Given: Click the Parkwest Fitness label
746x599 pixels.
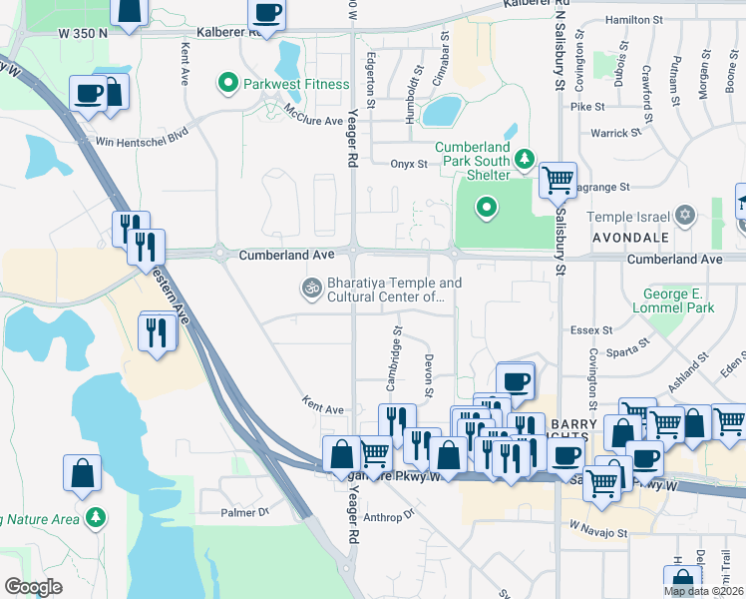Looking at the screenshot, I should tap(296, 85).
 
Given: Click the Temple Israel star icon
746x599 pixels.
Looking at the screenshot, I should tap(684, 216).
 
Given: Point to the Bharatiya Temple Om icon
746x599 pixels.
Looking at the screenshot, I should tap(310, 290).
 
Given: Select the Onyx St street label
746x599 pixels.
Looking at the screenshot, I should tap(408, 165).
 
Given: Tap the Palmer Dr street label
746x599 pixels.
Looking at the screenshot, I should tap(245, 513).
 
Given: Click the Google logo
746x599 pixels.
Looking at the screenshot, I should tap(34, 587).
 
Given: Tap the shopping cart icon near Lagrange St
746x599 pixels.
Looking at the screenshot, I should tap(558, 180).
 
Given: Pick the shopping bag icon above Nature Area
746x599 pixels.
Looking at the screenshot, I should tap(82, 472).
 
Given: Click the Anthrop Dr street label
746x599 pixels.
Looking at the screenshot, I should tap(388, 516).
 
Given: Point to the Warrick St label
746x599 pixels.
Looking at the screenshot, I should tap(615, 133).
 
